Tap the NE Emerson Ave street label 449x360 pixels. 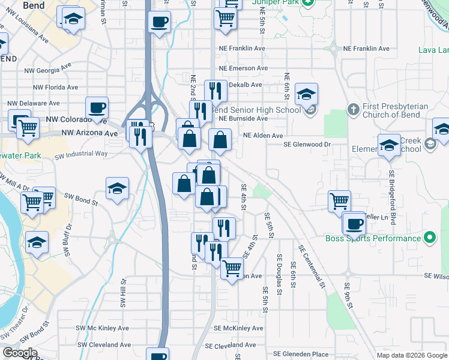pyautogui.click(x=244, y=69)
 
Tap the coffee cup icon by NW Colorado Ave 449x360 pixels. pyautogui.click(x=97, y=108)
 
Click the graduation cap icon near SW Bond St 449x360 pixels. pyautogui.click(x=118, y=188)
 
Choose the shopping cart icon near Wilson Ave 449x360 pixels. pyautogui.click(x=232, y=267)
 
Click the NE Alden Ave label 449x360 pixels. pyautogui.click(x=262, y=136)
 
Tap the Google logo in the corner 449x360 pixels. pyautogui.click(x=20, y=353)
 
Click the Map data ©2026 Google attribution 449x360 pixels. pyautogui.click(x=411, y=355)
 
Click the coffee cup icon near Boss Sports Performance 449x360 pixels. pyautogui.click(x=354, y=224)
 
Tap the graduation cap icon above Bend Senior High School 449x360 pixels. pyautogui.click(x=306, y=94)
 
